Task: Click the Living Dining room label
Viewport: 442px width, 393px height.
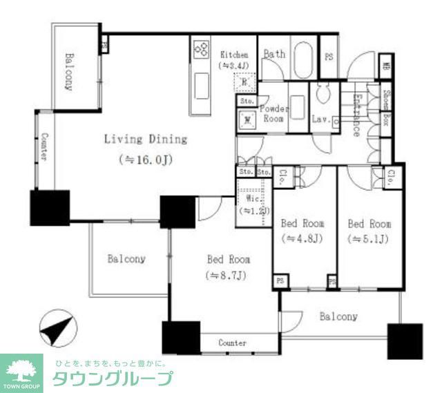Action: [145, 139]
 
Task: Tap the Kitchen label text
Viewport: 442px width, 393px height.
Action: [234, 54]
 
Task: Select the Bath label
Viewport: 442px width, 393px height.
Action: [274, 54]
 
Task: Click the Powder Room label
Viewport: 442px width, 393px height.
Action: [273, 113]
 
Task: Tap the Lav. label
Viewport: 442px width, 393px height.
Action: [319, 118]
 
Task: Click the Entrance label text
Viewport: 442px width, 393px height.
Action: [356, 113]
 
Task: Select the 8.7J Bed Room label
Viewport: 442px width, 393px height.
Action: [229, 260]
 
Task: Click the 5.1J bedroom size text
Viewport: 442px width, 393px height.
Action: [369, 240]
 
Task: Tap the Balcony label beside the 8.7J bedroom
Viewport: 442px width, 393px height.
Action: [126, 259]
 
